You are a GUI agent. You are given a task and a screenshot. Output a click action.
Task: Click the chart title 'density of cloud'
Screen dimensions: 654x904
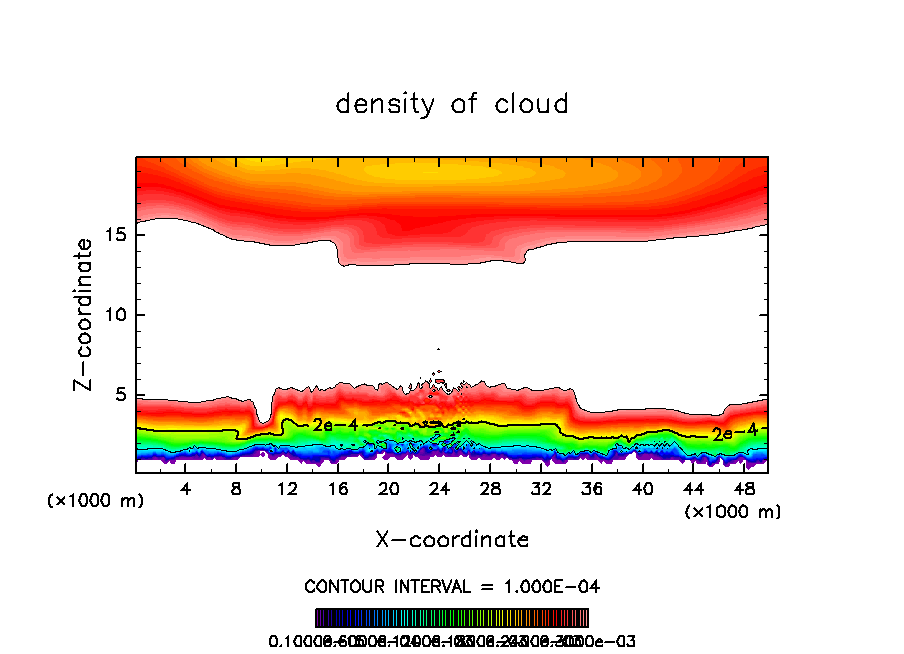coord(452,104)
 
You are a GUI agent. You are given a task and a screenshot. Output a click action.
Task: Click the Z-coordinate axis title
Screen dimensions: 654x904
coord(87,314)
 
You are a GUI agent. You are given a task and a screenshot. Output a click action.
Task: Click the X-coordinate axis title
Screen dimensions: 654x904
coord(452,540)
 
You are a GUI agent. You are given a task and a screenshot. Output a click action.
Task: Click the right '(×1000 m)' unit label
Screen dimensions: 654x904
coord(733,512)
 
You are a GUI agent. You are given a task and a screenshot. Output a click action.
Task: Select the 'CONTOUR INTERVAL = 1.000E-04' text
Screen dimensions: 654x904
coord(452,586)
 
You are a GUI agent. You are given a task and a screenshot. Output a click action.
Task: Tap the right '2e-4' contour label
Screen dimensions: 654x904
coord(729,434)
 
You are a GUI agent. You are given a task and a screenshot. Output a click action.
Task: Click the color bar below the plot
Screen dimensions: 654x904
coord(452,618)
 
